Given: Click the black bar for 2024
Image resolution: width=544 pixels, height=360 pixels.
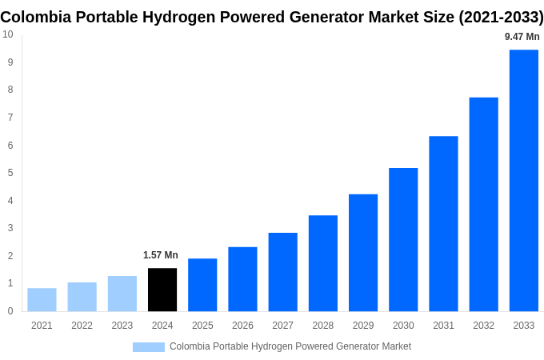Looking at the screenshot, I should point(162,290).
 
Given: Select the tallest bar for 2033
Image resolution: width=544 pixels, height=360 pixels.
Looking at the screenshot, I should point(524,181).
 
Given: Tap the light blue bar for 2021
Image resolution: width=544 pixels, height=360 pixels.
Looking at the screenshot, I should point(42,300).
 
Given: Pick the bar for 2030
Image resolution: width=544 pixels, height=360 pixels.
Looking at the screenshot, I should point(403,239).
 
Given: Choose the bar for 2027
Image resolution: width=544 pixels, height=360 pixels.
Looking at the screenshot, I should point(282,272).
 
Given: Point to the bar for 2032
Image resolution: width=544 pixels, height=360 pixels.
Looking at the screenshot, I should point(483,204).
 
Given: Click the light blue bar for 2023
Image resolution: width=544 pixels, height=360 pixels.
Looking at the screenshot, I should point(122,294).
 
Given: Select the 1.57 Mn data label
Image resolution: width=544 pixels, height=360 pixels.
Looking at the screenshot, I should point(161,255).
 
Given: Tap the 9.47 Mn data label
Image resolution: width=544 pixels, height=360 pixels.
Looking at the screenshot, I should point(522,37).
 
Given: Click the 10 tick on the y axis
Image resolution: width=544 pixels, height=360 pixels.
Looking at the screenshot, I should point(7,34).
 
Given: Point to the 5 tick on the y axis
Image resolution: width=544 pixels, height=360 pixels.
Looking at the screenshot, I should point(10,173).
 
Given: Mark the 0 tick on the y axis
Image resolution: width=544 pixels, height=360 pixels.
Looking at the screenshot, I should point(10,311).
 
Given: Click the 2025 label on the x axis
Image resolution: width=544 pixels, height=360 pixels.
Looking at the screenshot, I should point(202,326).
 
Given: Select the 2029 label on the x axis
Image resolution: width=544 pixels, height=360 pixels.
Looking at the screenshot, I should point(363,326).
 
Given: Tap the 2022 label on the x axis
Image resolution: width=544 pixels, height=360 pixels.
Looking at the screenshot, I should point(82,326).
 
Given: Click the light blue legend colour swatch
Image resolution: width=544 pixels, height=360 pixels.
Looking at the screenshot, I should point(148,347).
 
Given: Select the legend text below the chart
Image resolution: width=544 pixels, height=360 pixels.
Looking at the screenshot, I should point(290,346).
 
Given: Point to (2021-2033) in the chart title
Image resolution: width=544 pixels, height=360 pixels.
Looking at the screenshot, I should point(501,17).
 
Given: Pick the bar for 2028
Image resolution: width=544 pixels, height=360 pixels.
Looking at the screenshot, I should point(323,263).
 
